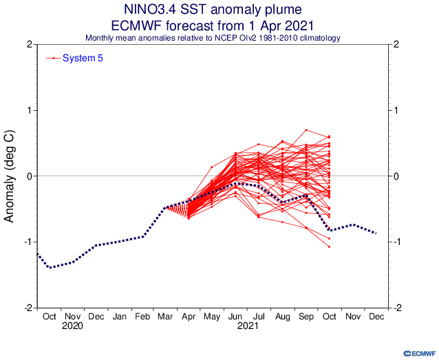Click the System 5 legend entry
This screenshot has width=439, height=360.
83,58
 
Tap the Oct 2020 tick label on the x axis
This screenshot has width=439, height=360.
49,316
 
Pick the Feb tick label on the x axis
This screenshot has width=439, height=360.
143,316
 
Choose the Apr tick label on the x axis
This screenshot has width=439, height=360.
189,316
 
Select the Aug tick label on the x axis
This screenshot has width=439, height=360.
283,316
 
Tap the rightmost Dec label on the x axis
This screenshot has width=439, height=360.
376,316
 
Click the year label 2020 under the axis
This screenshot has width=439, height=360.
72,327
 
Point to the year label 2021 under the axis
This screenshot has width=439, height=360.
248,327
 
